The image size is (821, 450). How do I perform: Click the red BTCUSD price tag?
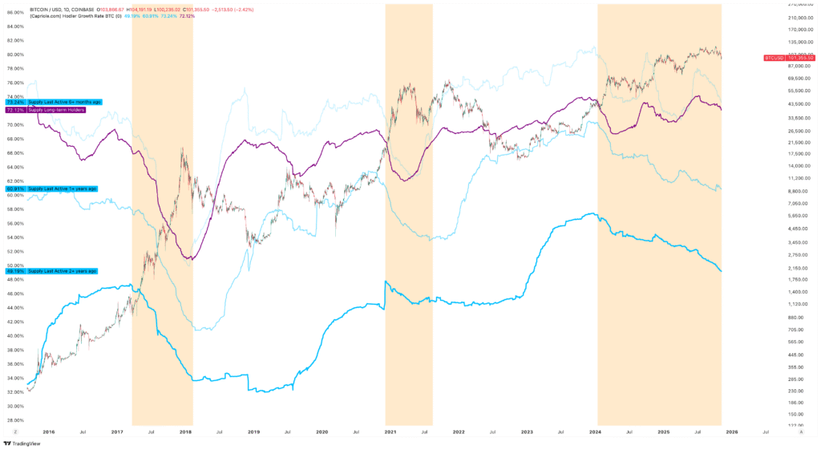pyautogui.click(x=789, y=58)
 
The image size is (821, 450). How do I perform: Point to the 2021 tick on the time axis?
pyautogui.click(x=390, y=432)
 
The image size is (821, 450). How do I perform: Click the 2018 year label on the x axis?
pyautogui.click(x=185, y=432)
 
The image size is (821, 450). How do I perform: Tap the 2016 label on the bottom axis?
pyautogui.click(x=49, y=432)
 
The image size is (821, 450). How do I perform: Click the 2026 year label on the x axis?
pyautogui.click(x=732, y=432)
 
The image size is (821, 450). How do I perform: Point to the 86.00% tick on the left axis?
pyautogui.click(x=14, y=12)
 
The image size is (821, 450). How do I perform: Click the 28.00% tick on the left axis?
pyautogui.click(x=14, y=420)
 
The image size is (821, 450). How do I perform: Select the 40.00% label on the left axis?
pyautogui.click(x=14, y=335)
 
